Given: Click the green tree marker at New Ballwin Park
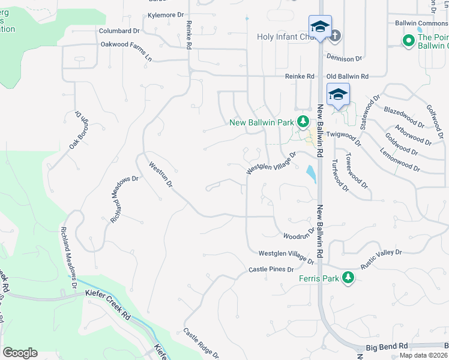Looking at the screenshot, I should (303, 122).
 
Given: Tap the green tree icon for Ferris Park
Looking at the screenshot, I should (348, 277).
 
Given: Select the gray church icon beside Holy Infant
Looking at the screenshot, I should (335, 36).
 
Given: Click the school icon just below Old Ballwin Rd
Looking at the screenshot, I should (339, 95).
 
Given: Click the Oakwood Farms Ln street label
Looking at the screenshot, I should (126, 44).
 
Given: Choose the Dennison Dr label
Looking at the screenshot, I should (345, 59).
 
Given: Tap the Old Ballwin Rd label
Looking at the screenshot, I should (347, 76).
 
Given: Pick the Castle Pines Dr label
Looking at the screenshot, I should (271, 269).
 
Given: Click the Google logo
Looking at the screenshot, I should (20, 353).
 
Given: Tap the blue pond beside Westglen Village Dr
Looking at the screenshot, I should (310, 175).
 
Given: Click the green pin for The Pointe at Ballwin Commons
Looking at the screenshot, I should (408, 41).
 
